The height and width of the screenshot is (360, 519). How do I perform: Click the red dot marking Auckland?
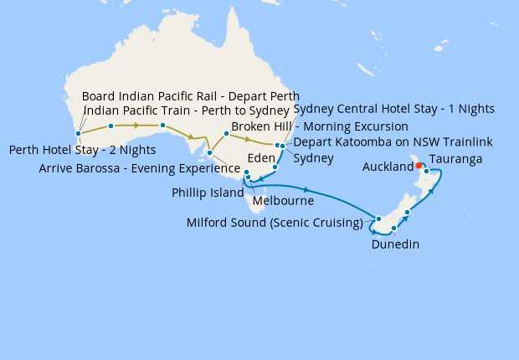[419, 165]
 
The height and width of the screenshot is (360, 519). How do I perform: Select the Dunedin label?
[395, 244]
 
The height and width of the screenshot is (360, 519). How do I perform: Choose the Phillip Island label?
[204, 192]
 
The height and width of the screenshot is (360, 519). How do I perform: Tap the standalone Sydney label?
[313, 157]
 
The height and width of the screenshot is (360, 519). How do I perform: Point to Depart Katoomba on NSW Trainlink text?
[393, 141]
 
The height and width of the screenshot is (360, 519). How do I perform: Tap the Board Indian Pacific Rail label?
[190, 96]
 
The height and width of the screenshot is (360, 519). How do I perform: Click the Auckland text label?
[388, 167]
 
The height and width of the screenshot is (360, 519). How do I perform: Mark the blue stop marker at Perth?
[78, 133]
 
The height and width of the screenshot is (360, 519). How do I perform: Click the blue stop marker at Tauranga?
[426, 172]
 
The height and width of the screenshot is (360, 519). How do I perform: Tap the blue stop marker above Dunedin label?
[393, 228]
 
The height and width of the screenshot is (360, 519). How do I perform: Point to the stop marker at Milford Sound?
[379, 219]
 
